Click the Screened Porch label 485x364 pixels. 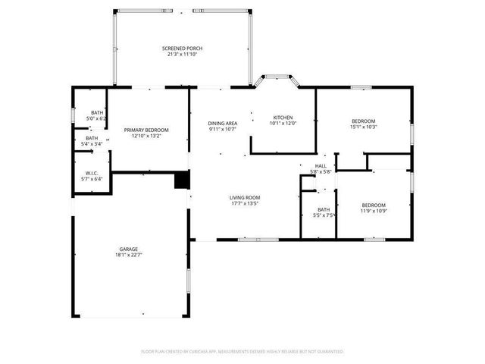(183, 49)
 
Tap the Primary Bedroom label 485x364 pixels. (146, 130)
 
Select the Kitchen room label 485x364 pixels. (283, 117)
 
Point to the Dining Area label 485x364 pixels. (223, 123)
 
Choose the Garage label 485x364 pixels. (128, 249)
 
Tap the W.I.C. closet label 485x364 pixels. (92, 173)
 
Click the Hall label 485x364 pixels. (321, 165)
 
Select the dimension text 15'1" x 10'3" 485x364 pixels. (363, 127)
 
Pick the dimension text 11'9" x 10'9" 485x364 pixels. (373, 211)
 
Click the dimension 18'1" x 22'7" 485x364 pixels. (128, 255)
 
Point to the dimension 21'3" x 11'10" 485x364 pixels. (183, 55)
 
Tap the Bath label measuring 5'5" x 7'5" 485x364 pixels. (324, 209)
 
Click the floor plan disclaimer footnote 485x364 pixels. (242, 352)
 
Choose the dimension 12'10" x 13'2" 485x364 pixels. (146, 136)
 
